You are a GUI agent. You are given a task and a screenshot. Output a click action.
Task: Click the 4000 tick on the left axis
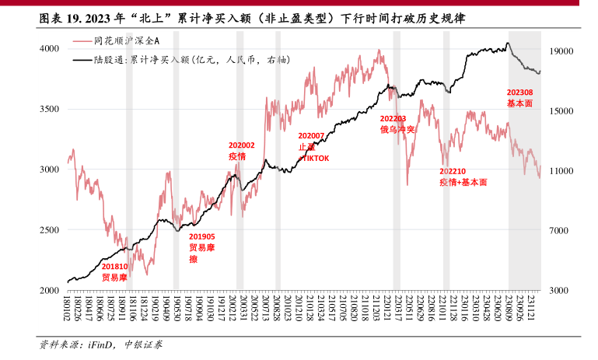pos(49,48)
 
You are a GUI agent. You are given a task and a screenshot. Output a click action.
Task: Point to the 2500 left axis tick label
pos(49,229)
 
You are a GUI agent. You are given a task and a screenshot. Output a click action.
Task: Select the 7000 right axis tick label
pos(561,231)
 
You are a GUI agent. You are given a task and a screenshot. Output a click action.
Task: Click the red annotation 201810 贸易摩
pos(115,271)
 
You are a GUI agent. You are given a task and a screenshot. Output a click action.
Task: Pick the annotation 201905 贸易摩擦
pos(202,247)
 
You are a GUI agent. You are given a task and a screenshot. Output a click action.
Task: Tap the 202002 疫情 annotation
pos(241,151)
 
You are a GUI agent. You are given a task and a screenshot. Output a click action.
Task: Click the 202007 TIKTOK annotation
pos(313,147)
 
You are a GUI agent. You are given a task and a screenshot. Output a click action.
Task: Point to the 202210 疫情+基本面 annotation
pos(463,177)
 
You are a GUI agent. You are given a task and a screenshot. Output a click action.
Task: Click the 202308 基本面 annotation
pos(519,97)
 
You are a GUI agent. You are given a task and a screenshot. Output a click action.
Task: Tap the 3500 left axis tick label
pos(49,109)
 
